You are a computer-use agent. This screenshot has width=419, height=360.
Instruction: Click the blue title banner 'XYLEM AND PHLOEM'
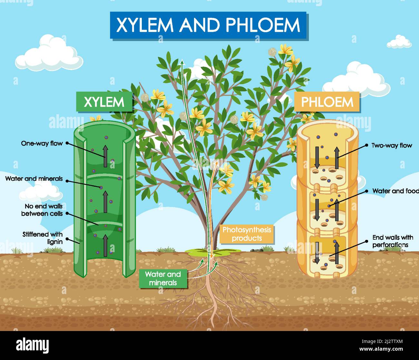click(208, 25)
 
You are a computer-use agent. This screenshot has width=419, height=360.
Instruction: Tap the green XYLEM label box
click(104, 102)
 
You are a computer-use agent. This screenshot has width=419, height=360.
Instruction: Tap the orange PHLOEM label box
click(327, 102)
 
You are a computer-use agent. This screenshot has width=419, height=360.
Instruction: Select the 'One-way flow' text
click(42, 143)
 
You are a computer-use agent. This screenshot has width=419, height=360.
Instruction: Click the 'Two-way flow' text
click(392, 146)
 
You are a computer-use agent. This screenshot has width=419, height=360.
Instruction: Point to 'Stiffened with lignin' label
click(43, 238)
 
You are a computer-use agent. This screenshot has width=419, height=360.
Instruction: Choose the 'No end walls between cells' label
click(42, 210)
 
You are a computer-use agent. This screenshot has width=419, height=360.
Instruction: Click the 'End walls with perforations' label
click(392, 241)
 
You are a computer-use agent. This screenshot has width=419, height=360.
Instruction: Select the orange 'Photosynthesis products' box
click(247, 234)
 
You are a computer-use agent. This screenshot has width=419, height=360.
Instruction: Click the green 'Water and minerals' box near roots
click(163, 279)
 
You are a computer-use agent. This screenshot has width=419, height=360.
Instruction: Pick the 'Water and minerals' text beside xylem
click(34, 178)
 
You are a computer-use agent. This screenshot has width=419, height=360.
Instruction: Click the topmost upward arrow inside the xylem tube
click(105, 156)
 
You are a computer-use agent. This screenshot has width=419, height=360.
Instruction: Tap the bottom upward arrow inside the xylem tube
click(105, 245)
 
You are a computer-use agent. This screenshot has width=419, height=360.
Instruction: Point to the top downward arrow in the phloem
click(317, 157)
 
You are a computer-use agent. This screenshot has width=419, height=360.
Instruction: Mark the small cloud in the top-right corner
click(399, 42)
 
